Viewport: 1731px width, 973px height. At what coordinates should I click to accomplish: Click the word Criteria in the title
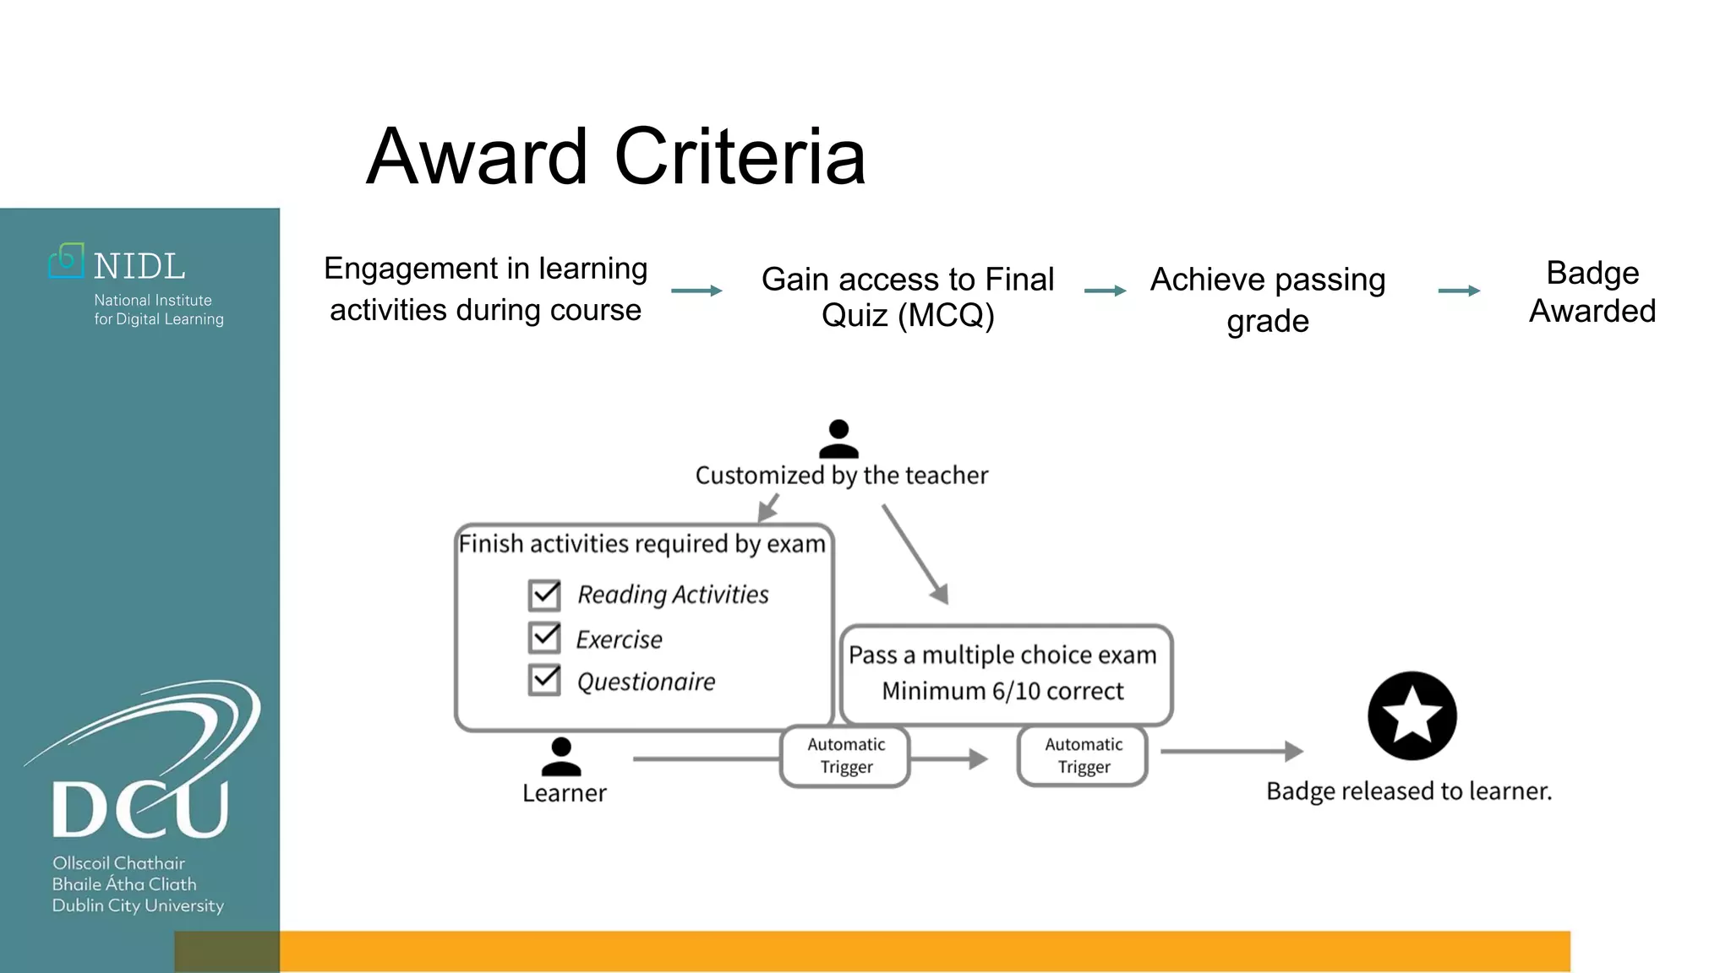740,156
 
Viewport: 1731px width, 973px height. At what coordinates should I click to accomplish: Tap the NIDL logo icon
66,261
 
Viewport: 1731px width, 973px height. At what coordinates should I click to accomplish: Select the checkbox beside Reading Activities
544,595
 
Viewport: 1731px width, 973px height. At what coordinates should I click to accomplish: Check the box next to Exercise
544,638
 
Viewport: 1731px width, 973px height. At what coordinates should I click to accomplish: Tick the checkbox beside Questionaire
544,680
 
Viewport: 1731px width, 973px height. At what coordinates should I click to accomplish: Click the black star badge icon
1412,716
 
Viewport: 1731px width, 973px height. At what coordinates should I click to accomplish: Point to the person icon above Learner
561,756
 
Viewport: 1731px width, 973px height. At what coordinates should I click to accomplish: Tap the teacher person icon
838,438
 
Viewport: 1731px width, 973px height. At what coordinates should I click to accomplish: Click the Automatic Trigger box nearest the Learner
845,756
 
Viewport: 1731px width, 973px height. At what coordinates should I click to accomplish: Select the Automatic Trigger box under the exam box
1083,756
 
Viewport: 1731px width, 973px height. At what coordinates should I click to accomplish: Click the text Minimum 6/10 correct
1002,691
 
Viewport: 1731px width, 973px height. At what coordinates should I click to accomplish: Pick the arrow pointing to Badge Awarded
1459,291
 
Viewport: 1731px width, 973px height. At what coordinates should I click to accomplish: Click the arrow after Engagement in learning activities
696,291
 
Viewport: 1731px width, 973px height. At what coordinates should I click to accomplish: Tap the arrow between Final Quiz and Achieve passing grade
1105,291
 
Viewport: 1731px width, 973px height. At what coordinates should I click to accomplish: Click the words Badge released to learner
1409,791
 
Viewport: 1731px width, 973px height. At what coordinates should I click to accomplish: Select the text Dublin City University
138,905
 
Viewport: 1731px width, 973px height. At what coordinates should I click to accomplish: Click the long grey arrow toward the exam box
915,554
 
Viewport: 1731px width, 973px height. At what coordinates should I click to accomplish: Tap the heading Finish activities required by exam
642,544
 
